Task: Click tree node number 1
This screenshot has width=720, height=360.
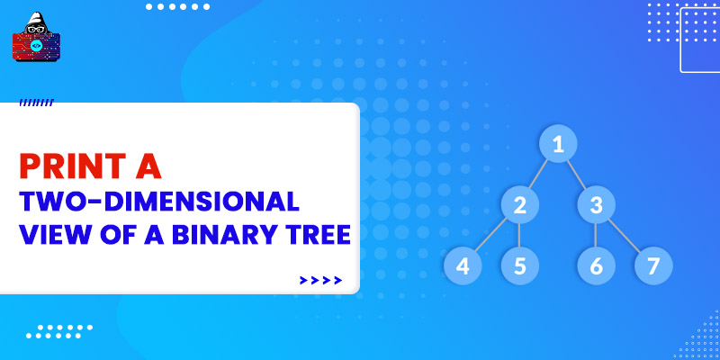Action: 558,144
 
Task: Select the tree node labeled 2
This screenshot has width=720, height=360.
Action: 520,205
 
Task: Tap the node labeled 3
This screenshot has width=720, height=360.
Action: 596,205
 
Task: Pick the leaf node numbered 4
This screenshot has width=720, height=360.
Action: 463,265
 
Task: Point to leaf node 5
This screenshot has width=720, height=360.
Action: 520,265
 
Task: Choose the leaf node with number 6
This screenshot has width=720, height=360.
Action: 596,265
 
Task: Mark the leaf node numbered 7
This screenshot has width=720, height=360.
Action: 653,265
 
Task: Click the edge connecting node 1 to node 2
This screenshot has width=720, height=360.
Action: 538,174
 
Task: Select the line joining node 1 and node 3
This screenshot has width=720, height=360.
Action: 577,174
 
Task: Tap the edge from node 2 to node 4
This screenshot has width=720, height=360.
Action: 490,235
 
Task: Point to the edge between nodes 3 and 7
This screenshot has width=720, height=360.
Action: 625,236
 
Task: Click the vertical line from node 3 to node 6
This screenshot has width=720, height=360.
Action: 596,235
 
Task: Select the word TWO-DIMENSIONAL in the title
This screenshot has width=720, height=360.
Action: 159,202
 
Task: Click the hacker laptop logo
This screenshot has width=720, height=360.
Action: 36,37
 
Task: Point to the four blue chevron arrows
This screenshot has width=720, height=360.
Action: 320,280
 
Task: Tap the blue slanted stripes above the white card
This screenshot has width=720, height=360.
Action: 37,103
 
